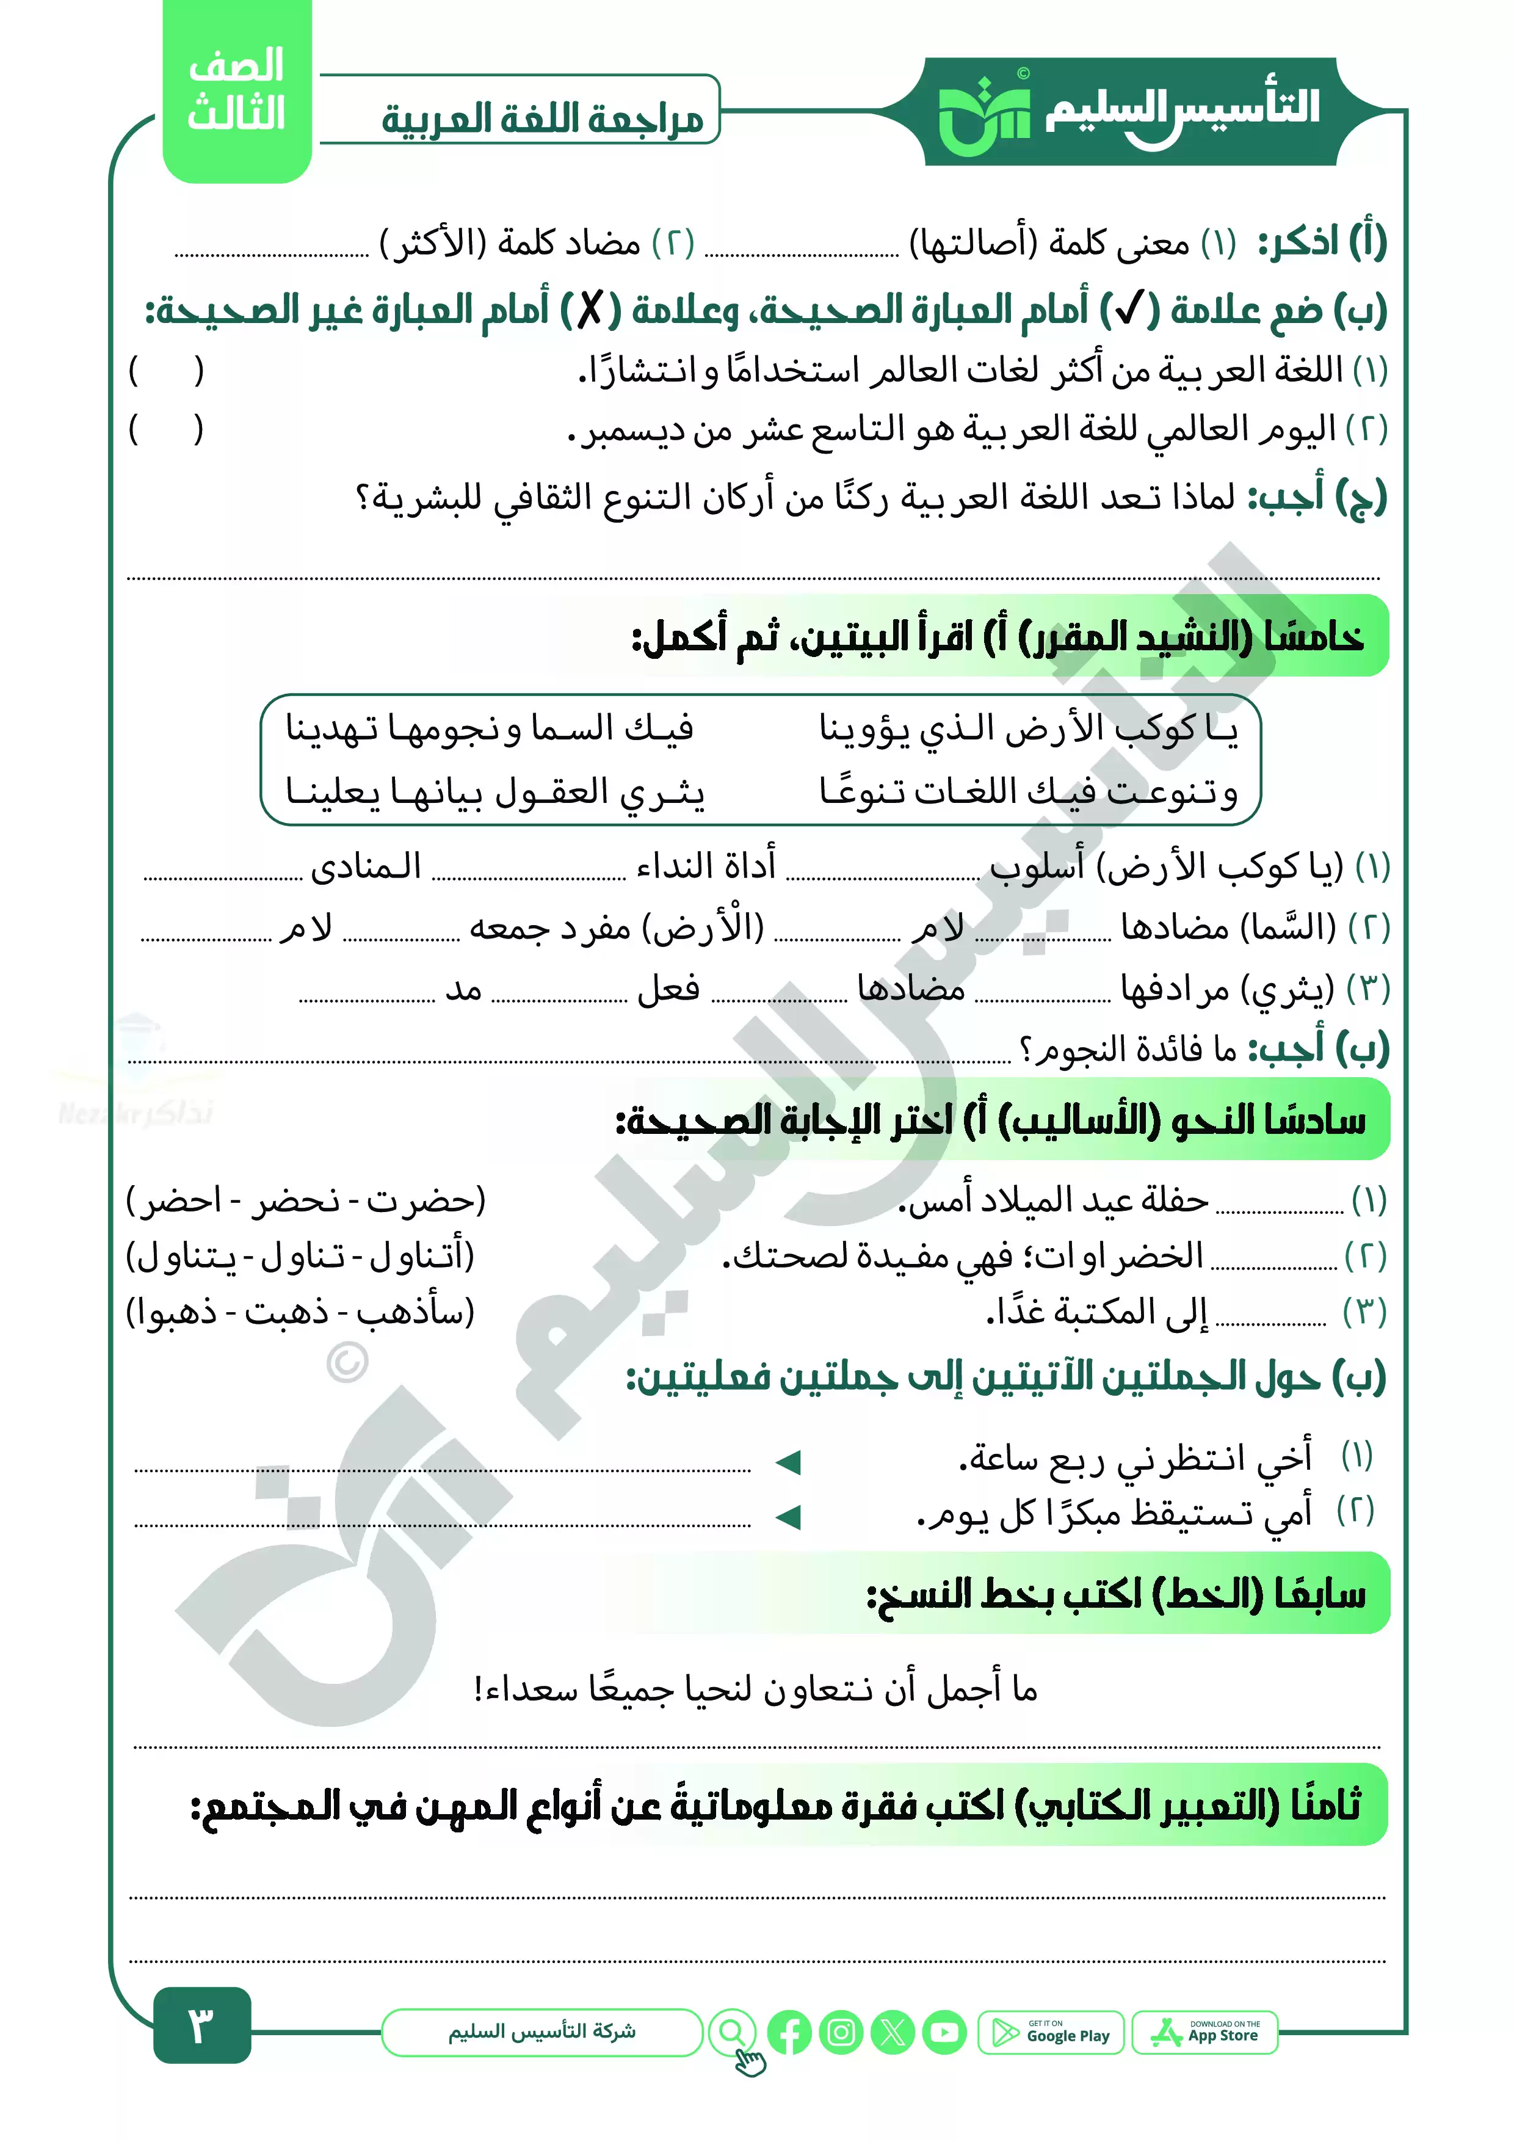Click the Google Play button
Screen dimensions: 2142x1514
coord(1051,2033)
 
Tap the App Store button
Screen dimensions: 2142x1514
coord(1205,2033)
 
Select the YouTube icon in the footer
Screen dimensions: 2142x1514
coord(945,2033)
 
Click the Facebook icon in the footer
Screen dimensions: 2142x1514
coord(790,2033)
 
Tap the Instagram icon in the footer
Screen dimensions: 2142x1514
coord(841,2033)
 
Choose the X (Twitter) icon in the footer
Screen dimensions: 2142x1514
coord(893,2033)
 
